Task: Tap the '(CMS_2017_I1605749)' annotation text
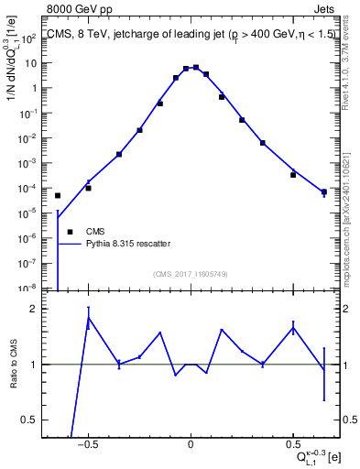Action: point(190,274)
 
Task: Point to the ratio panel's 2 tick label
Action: point(34,309)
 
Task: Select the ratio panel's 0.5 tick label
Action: point(30,420)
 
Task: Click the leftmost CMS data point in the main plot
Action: point(58,195)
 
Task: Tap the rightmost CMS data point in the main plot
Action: point(324,192)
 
